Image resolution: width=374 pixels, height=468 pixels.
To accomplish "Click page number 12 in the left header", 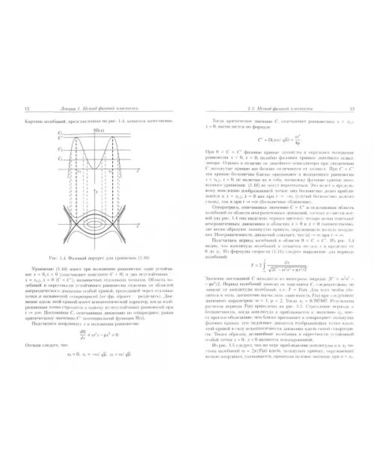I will click(24, 109).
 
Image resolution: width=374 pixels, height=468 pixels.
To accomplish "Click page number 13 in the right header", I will click(352, 109).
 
